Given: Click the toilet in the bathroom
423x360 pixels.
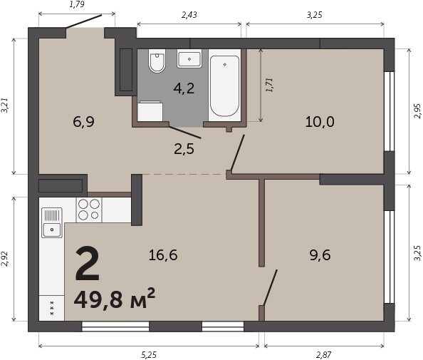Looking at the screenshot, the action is tap(157, 61).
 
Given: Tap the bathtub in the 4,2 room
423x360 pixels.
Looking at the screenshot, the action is tap(224, 86).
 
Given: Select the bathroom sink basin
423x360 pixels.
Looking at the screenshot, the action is tap(189, 58).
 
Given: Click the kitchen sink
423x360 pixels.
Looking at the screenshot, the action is tap(52, 223).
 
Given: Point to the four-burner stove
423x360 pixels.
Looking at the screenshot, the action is tap(89, 210).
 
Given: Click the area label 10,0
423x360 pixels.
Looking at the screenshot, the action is tap(320, 122).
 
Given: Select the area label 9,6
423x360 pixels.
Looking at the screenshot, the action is tap(320, 255).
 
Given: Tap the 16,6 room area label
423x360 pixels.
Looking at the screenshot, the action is tap(163, 255).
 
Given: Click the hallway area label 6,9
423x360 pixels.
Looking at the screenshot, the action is tap(83, 122).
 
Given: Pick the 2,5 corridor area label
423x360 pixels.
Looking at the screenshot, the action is tap(184, 149).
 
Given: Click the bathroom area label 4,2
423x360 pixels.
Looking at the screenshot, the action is tap(184, 88).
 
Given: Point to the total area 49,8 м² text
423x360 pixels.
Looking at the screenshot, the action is tap(115, 299).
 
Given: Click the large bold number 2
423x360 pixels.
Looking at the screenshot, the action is tap(88, 264).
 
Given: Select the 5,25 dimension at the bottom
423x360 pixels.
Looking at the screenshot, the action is tap(149, 354).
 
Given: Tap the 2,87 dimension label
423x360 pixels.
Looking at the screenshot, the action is tap(323, 354).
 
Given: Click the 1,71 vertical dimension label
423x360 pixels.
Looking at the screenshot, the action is tap(269, 85).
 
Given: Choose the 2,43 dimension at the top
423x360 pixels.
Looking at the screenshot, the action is tap(189, 15).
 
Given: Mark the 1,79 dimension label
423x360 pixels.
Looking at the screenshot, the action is tap(77, 4).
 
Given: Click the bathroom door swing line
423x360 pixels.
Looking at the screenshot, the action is tap(185, 133).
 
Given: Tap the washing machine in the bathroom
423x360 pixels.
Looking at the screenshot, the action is tap(150, 111).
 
